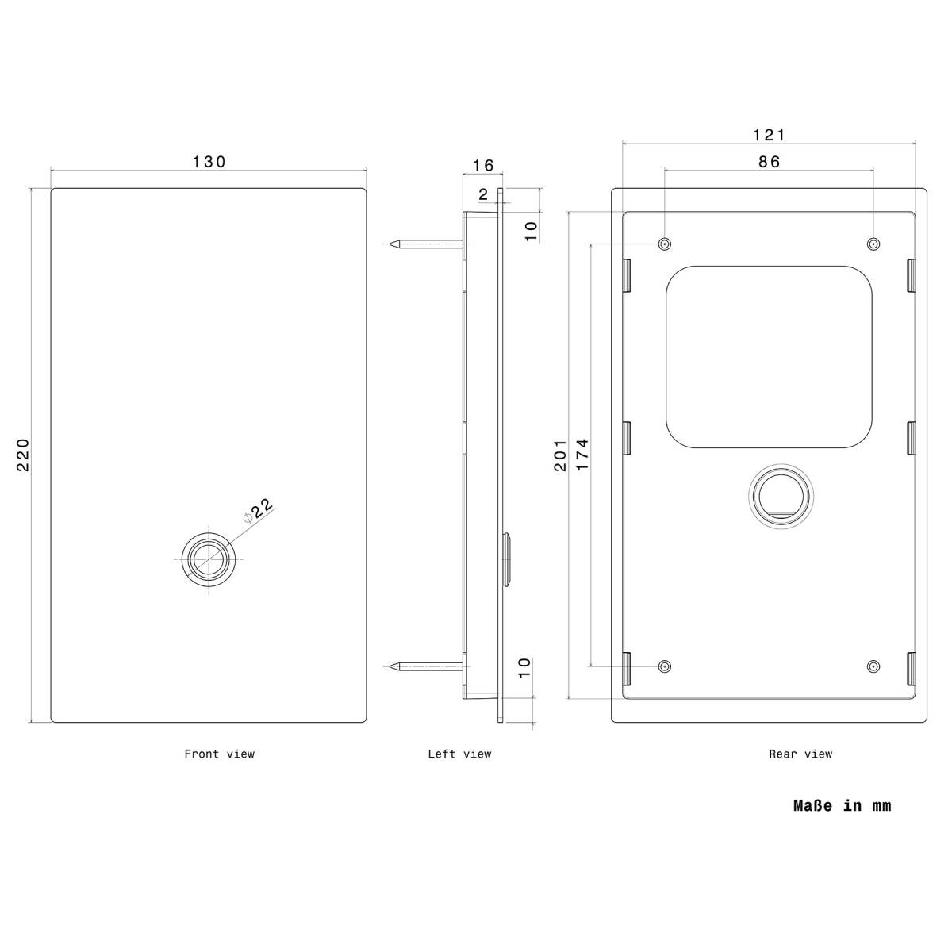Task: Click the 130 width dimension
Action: (209, 162)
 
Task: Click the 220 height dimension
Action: (23, 455)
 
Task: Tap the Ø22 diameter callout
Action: (259, 510)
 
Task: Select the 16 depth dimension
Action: (482, 165)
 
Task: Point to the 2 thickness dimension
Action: (483, 194)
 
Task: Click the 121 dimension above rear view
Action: (768, 134)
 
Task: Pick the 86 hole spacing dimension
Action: (769, 162)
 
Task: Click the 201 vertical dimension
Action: (560, 455)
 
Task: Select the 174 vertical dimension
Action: (582, 454)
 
